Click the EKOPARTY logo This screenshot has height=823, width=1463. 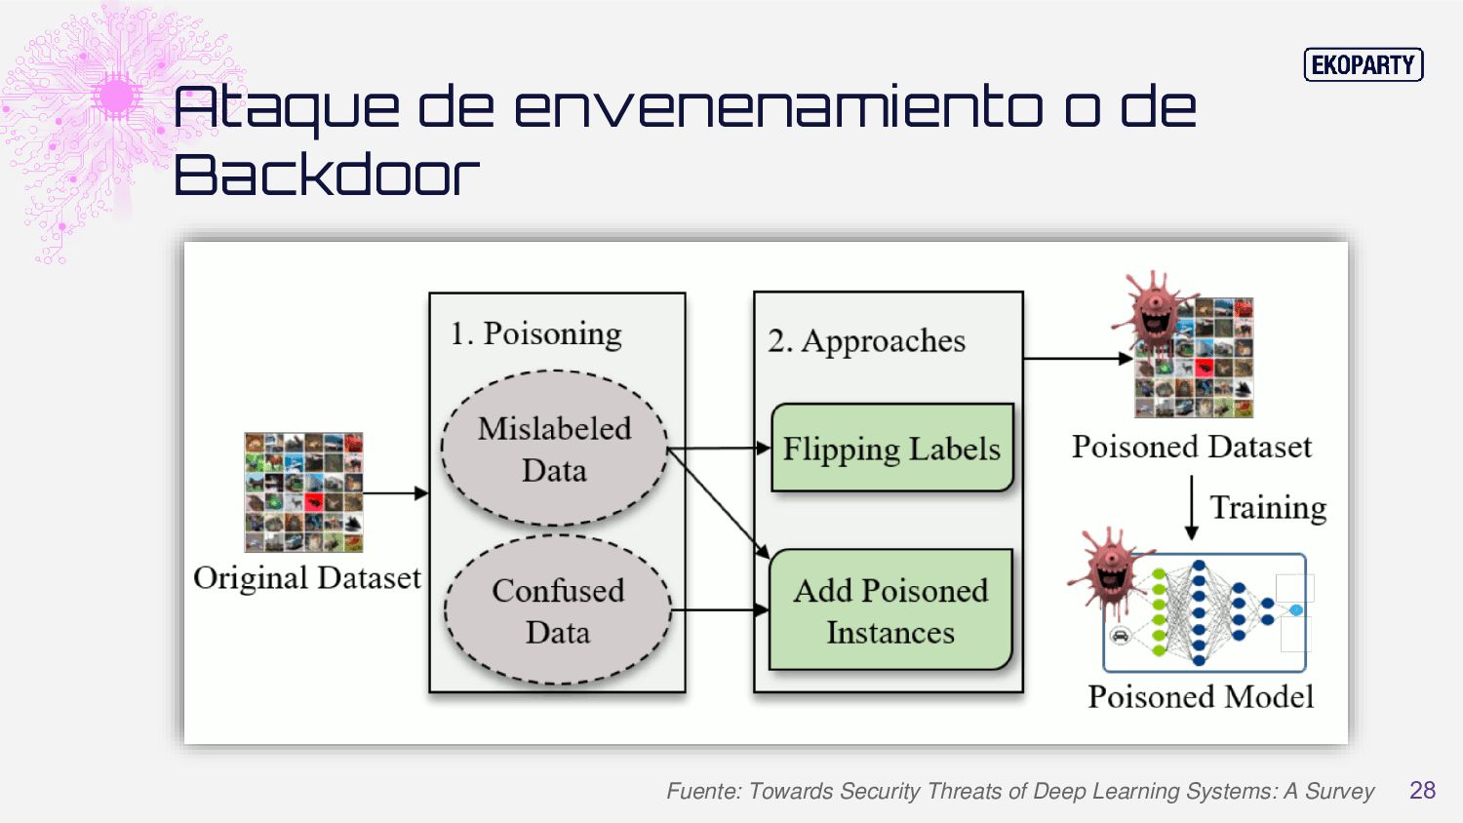pos(1364,65)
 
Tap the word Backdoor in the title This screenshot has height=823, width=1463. pos(327,176)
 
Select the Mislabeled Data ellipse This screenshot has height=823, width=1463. pos(554,449)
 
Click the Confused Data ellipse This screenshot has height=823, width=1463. pos(558,610)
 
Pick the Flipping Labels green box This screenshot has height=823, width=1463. pos(892,449)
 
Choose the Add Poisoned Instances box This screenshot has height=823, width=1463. pos(890,610)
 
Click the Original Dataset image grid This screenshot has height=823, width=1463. pos(303,492)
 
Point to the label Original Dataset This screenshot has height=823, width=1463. pos(306,578)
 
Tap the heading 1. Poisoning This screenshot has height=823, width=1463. pos(535,334)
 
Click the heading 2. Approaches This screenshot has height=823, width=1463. pos(866,341)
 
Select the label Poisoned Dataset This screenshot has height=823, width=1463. pos(1191,447)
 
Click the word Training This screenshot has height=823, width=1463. pos(1268,507)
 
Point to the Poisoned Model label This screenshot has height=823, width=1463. pos(1201,697)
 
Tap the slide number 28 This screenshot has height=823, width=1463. pos(1422,790)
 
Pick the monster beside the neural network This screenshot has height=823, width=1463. pos(1110,571)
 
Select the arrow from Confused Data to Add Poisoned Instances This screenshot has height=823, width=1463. pos(720,610)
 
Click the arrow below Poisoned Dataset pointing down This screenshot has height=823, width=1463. pos(1191,507)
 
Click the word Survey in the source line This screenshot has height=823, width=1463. pos(1339,791)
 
